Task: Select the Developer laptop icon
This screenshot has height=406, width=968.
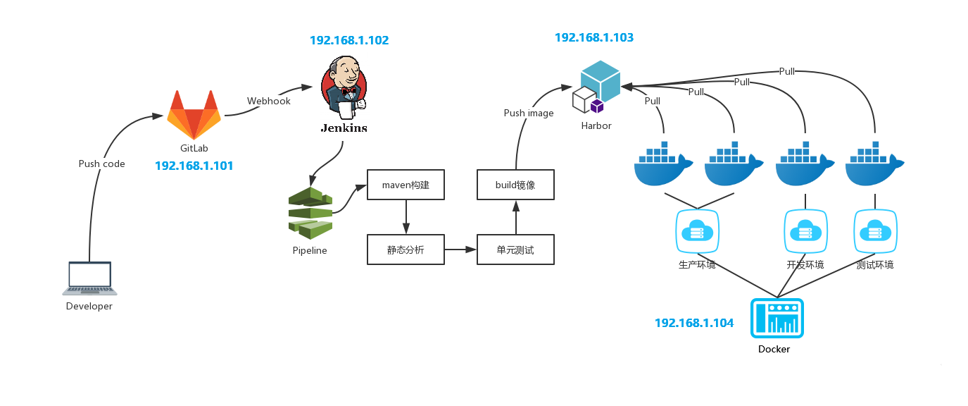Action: (x=89, y=278)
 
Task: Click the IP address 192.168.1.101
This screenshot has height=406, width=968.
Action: (x=194, y=166)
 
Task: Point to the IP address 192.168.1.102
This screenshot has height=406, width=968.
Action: (x=349, y=41)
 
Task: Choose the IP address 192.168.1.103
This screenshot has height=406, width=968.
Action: (x=594, y=38)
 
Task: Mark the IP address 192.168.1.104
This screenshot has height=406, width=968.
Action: (x=694, y=323)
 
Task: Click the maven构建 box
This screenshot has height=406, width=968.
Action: (x=406, y=185)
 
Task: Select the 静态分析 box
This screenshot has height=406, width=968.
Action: (x=406, y=250)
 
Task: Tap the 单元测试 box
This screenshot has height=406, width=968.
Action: (x=515, y=250)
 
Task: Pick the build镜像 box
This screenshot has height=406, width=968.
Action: (x=515, y=185)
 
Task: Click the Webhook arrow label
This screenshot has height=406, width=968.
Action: (x=269, y=101)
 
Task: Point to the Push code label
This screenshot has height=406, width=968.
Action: (x=101, y=164)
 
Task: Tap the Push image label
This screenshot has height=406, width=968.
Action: (x=529, y=113)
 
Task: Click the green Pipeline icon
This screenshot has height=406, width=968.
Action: (x=310, y=213)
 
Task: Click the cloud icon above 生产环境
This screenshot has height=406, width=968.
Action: (x=697, y=230)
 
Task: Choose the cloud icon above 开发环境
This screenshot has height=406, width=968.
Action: (x=805, y=230)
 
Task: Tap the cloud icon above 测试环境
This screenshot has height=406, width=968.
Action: (x=875, y=230)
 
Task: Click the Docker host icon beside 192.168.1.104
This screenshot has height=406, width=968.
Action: (x=777, y=318)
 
